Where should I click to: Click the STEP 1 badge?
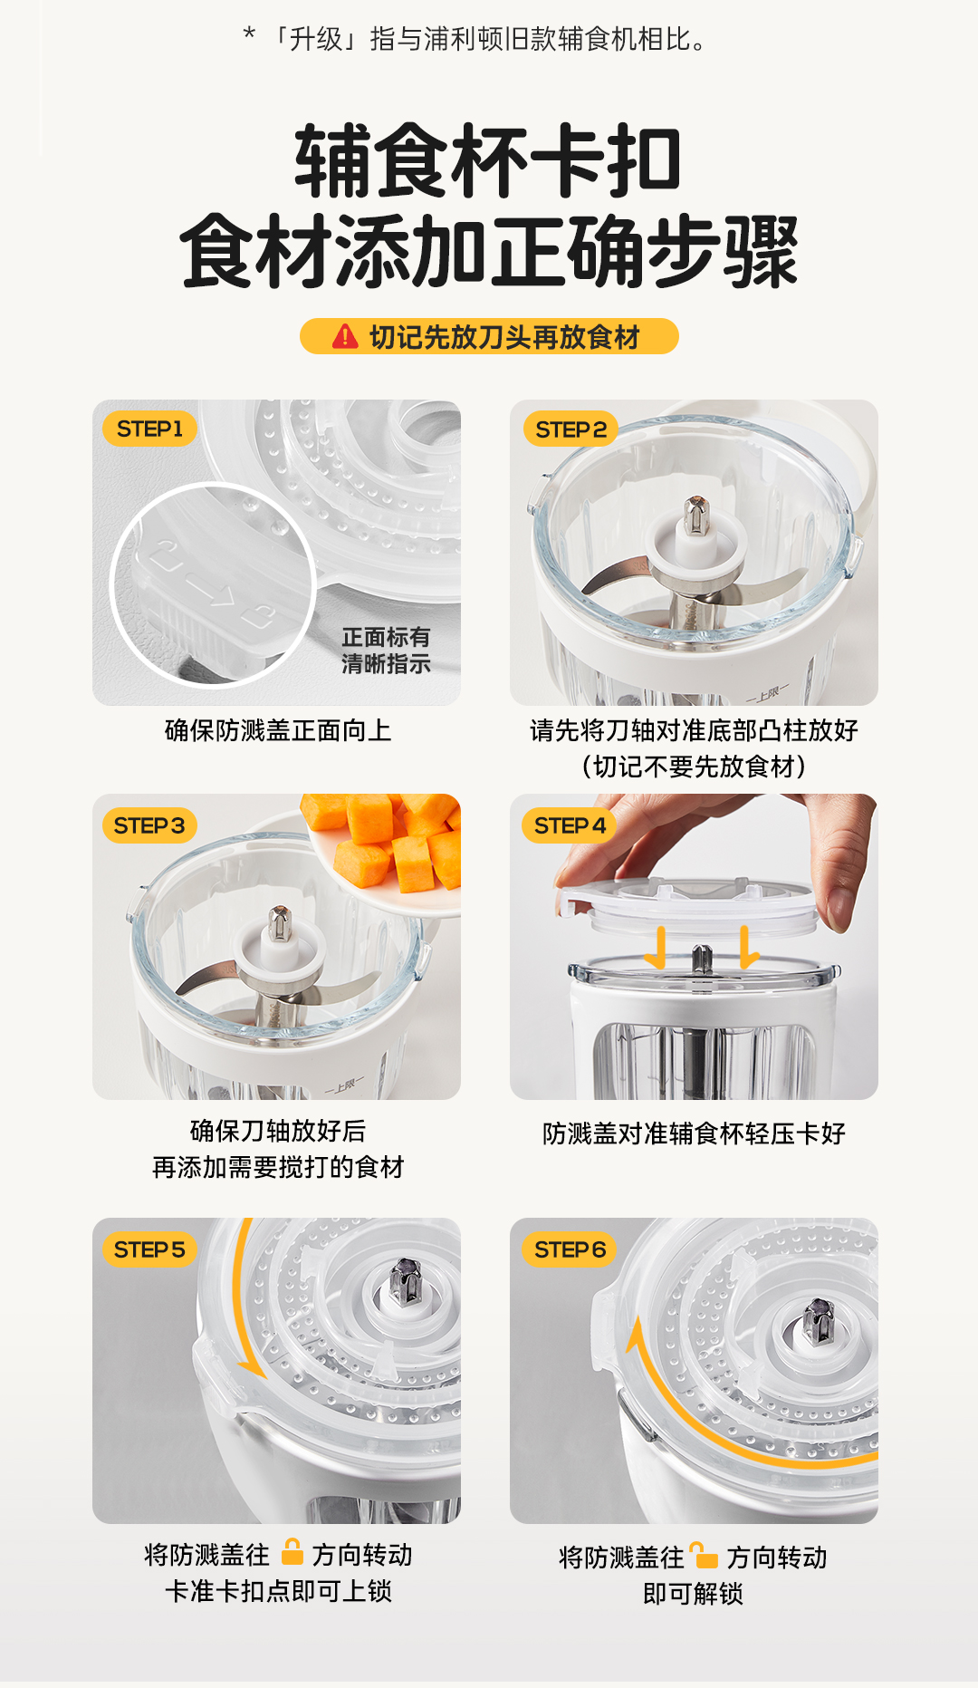[149, 429]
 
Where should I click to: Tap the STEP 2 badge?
[570, 429]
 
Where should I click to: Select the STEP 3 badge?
[149, 825]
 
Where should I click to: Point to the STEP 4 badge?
[570, 825]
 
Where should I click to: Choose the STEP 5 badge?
[149, 1249]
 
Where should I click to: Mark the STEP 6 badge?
[570, 1249]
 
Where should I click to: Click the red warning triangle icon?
[345, 337]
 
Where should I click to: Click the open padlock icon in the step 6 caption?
[703, 1555]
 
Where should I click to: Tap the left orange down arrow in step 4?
[657, 947]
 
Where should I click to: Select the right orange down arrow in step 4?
[747, 947]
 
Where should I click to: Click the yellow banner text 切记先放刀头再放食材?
[504, 337]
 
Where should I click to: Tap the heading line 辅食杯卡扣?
[488, 161]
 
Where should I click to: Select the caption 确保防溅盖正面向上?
[278, 730]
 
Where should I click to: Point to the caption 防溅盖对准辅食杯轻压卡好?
[694, 1133]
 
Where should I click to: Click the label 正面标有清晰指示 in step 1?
[386, 651]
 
